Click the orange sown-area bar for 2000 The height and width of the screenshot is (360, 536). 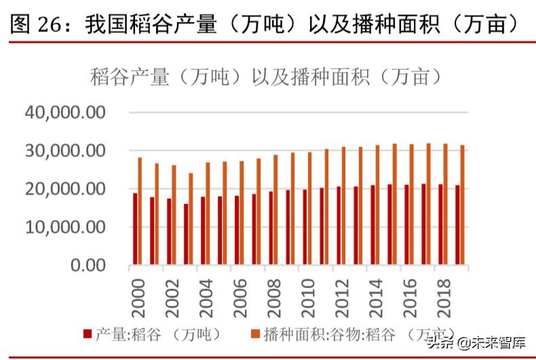(x=140, y=211)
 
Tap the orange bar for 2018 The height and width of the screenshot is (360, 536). (x=445, y=204)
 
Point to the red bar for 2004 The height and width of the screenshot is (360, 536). (x=203, y=231)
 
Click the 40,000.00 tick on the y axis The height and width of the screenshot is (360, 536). (x=64, y=112)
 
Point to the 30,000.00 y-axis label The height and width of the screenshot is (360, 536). (x=64, y=151)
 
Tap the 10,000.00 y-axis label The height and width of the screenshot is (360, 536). (x=64, y=227)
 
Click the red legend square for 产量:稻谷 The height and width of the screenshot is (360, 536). (x=87, y=333)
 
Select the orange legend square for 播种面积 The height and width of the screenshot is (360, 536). (x=256, y=333)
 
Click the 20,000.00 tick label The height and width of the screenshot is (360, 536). (x=64, y=189)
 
